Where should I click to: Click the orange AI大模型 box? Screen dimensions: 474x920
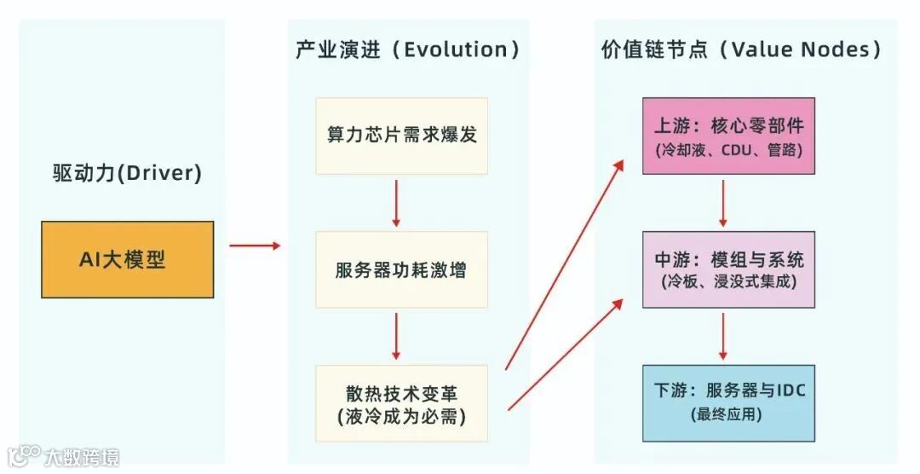coord(128,259)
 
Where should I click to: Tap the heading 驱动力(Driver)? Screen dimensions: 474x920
coord(127,174)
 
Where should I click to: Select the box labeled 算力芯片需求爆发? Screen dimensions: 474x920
coord(401,136)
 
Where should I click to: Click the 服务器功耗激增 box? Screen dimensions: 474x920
coord(401,269)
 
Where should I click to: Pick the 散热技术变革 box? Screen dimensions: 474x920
coord(401,403)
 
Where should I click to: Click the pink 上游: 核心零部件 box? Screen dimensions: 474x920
coord(728,136)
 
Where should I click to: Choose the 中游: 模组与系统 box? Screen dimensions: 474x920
coord(728,269)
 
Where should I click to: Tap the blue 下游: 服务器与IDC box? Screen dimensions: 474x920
coord(728,402)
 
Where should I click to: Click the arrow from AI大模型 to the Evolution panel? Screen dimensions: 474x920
coord(254,246)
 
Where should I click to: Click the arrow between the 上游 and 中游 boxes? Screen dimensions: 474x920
coord(723,203)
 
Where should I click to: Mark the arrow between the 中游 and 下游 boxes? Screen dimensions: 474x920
coord(723,336)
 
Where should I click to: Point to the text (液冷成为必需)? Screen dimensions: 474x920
coord(401,417)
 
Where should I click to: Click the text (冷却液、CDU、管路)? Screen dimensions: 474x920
coord(728,149)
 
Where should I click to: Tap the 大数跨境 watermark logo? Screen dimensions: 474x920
coord(64,457)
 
